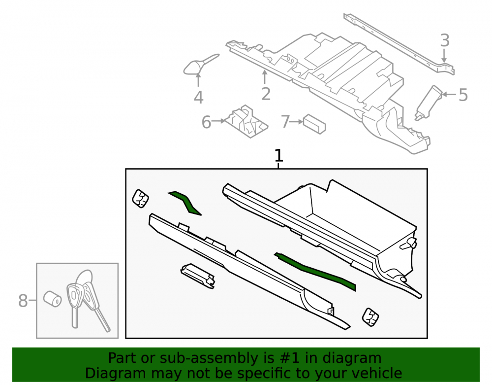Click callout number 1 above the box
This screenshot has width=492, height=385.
point(278,156)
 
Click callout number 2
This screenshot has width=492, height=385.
point(266,94)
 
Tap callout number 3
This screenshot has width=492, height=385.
point(445,40)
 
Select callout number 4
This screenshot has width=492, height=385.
point(198,98)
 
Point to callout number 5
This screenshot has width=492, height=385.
point(463,95)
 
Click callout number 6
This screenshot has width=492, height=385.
point(206,122)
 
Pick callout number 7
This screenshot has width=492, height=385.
point(285,122)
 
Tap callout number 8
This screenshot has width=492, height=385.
point(23,301)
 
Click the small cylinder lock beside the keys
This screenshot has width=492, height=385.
point(53,299)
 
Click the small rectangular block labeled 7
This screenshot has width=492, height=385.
point(314,124)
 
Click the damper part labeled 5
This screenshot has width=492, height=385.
point(428,103)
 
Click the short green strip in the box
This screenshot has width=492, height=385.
point(185,203)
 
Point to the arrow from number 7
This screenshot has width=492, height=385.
point(296,122)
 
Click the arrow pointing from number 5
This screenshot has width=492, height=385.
point(450,94)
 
